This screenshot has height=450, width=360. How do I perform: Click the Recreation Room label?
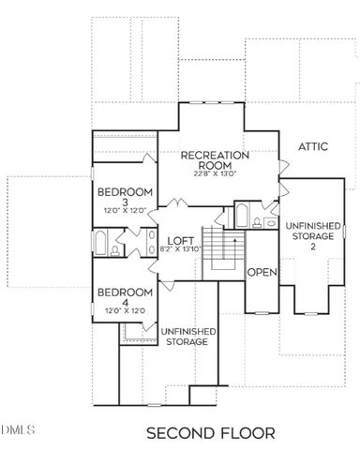[215, 159]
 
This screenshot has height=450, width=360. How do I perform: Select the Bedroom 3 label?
[124, 199]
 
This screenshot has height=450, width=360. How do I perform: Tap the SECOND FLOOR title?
[211, 433]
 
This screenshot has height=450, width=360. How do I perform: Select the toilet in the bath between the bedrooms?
[114, 251]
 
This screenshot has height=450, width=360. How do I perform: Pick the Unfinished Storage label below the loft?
[188, 337]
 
